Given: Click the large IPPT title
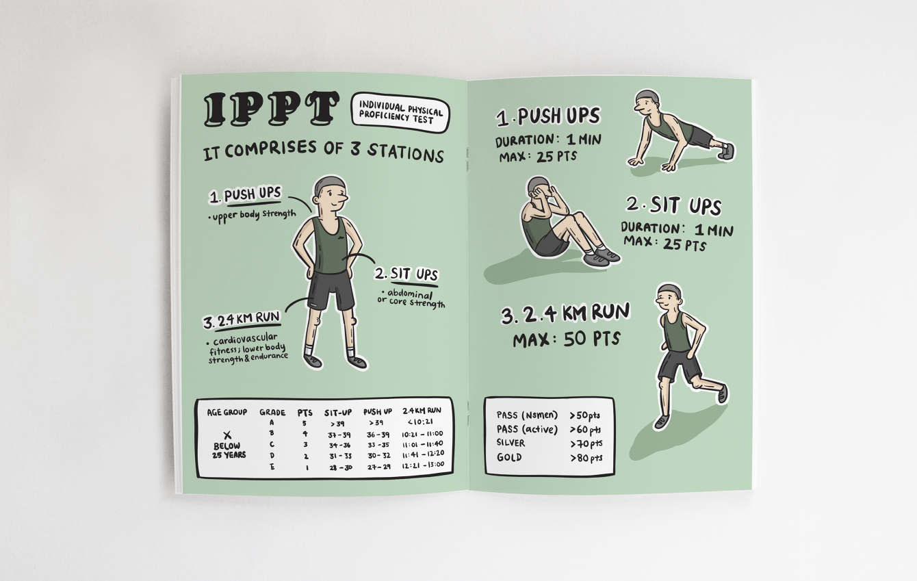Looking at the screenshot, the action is tap(272, 109).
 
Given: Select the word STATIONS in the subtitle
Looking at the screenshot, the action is tap(405, 153).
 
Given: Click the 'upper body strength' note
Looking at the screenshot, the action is tap(252, 216).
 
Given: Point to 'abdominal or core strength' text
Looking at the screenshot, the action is tap(411, 298).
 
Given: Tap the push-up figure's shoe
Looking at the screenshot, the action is tap(727, 151).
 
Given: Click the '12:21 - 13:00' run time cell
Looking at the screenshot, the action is tap(422, 465).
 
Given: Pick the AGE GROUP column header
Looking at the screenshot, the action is tap(227, 412).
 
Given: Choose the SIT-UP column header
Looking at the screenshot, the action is tap(338, 412).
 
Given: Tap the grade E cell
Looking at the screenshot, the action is tap(272, 466).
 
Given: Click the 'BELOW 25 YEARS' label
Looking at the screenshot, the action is tap(229, 450).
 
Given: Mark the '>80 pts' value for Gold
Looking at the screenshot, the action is tap(586, 458).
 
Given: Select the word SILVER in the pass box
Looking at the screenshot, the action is tap(511, 443).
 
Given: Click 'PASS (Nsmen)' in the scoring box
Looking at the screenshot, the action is tap(527, 415).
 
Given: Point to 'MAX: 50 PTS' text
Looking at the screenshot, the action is tap(567, 339).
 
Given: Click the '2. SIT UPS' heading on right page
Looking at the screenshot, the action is tap(673, 205).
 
